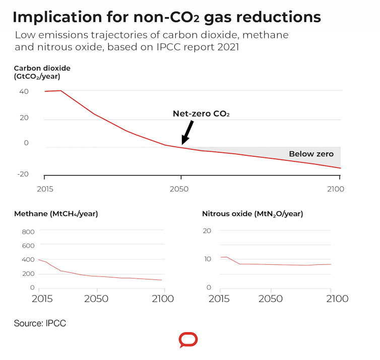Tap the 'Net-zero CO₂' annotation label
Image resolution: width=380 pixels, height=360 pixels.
201,114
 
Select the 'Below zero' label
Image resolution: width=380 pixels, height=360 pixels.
311,154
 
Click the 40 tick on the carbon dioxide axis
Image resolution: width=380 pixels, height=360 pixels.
24,91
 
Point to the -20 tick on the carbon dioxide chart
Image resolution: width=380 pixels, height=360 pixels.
23,174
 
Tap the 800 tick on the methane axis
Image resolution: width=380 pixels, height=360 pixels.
28,232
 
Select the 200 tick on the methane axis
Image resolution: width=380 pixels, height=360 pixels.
28,274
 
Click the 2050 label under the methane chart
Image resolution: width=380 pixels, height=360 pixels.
96,299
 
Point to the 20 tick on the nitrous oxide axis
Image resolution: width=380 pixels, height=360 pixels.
207,231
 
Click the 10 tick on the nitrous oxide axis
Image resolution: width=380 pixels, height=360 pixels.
207,259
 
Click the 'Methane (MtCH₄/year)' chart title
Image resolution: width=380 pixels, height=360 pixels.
56,213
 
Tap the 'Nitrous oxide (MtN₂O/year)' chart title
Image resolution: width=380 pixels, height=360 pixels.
252,213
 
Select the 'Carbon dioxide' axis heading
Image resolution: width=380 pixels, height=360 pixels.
42,68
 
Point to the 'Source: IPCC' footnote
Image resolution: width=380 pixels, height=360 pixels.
40,323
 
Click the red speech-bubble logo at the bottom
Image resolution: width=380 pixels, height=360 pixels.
188,340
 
